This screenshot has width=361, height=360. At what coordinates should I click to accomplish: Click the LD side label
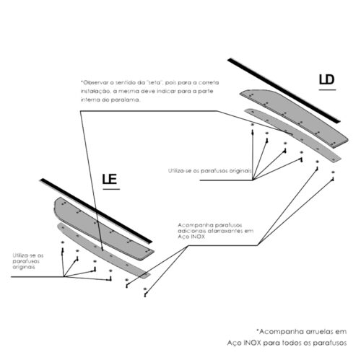[327, 79]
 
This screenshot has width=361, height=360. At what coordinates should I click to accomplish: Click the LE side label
[110, 179]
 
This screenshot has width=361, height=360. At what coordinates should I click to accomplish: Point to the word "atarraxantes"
[225, 231]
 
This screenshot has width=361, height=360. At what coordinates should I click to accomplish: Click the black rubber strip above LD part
[284, 90]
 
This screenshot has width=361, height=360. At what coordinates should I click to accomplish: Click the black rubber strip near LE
[96, 211]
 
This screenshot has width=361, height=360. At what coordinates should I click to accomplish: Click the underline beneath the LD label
[327, 89]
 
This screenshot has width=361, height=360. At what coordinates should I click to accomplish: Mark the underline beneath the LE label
[111, 189]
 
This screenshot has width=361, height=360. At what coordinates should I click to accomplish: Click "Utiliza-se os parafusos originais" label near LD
[209, 171]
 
